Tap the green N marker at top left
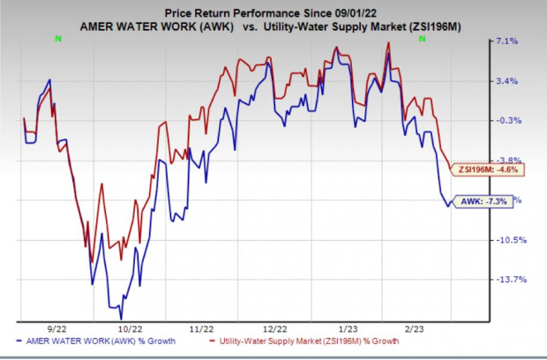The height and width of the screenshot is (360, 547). [58, 39]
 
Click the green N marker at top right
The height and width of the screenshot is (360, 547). [423, 39]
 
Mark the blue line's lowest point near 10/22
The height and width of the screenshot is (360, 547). [122, 318]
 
